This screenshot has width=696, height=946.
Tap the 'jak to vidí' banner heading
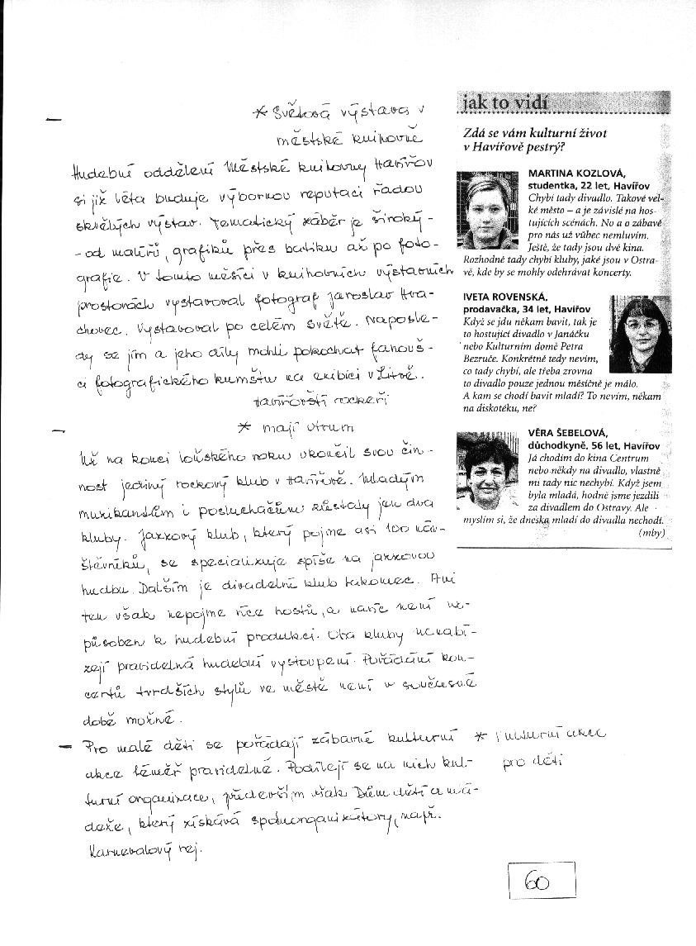(504, 103)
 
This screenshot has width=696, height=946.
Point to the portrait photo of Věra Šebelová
(489, 473)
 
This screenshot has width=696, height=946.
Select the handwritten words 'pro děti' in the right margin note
(528, 761)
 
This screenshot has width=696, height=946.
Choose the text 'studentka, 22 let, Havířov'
(577, 184)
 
